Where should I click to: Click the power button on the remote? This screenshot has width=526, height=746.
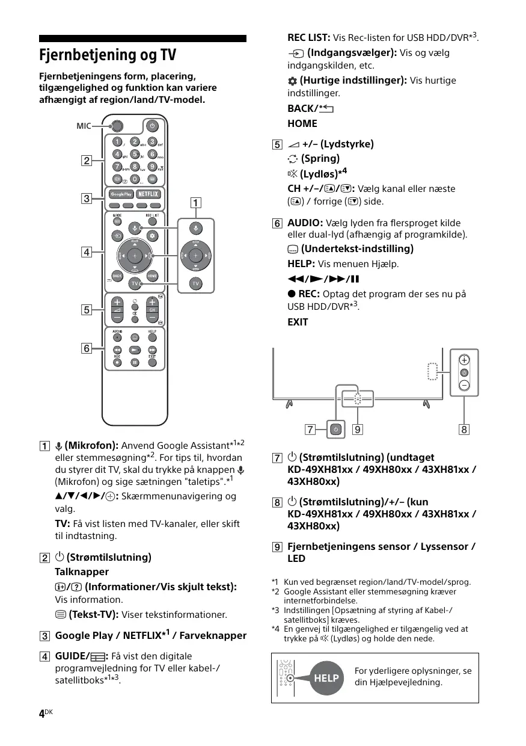pos(152,126)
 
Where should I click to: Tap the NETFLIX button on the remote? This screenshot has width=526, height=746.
pos(148,194)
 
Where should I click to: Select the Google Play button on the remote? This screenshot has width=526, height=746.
pos(120,194)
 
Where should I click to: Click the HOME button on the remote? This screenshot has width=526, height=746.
pos(152,276)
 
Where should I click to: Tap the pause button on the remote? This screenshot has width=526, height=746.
pos(135,362)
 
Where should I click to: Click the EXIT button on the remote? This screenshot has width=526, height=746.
pos(153,362)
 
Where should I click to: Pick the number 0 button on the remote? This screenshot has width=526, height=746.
pos(135,179)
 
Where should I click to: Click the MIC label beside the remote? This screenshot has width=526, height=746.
pos(84,126)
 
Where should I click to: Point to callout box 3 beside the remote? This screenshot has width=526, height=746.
pos(87,198)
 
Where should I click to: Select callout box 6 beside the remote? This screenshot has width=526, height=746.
pos(87,348)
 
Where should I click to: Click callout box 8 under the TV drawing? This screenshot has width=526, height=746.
pos(464,430)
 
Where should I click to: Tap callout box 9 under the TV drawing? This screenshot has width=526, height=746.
pos(358,430)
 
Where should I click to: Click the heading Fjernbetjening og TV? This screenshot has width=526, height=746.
pos(108,55)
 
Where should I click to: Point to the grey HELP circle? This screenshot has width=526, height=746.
pos(326,678)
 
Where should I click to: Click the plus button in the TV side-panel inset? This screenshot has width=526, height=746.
pos(465,360)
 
